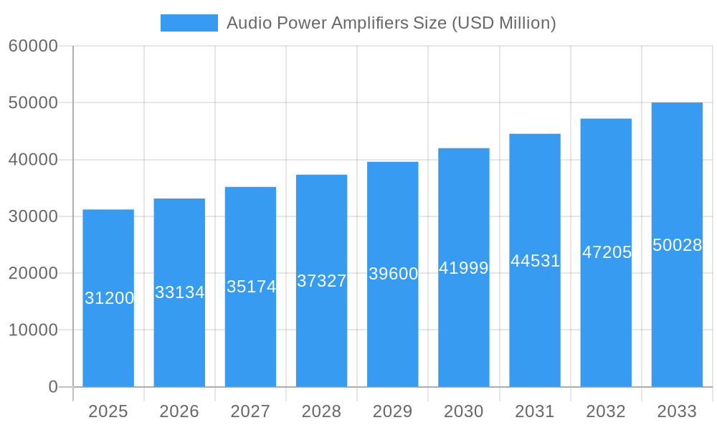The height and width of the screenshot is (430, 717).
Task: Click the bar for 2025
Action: pos(108,337)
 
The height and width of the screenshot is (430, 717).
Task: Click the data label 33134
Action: pos(180,292)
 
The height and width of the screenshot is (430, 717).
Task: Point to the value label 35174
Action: pos(251,287)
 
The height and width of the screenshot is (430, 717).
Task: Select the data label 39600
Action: pos(393,274)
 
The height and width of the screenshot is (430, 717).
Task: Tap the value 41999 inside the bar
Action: pos(464,268)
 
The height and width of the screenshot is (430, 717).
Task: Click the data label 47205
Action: pos(607,252)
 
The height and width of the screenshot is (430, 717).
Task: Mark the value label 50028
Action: pos(677,245)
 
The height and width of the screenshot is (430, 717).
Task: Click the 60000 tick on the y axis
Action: pos(33,46)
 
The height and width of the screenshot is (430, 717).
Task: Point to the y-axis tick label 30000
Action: pos(33,216)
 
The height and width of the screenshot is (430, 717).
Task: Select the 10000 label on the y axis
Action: pos(33,330)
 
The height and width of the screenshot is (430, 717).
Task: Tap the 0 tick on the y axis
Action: pos(53,387)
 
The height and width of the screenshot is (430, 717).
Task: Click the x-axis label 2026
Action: pos(179,411)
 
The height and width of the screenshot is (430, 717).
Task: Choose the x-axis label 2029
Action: pos(393,411)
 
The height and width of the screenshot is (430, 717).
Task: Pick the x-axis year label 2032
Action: pos(606,411)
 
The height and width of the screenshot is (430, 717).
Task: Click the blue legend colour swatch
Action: pos(189,23)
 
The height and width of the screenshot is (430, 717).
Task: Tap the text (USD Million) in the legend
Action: pos(503,23)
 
